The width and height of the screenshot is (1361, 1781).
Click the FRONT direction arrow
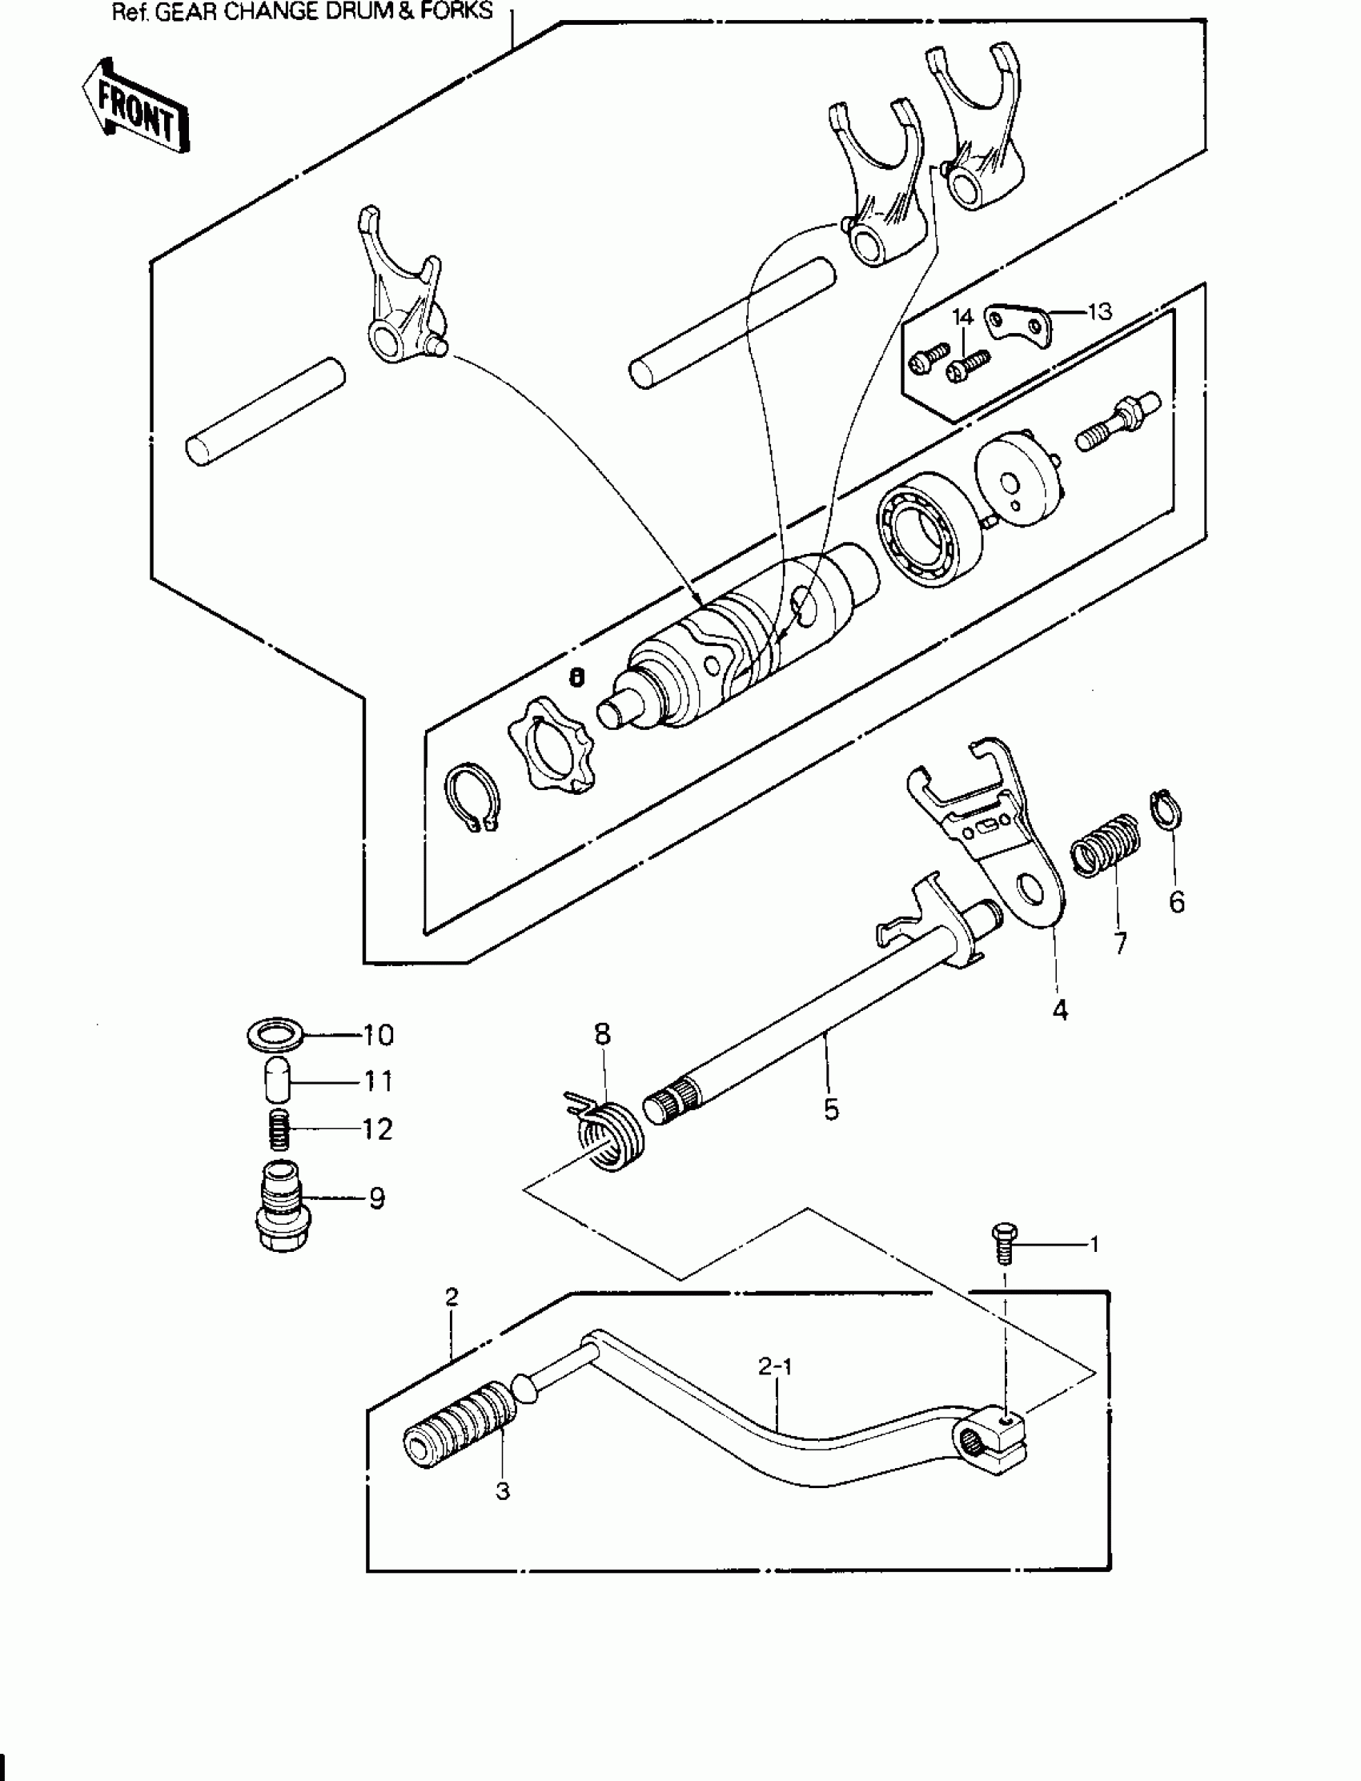click(x=134, y=106)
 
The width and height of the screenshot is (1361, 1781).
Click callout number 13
click(x=1098, y=312)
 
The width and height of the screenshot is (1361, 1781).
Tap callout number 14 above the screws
click(x=962, y=316)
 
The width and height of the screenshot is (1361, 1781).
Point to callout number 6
click(x=1176, y=901)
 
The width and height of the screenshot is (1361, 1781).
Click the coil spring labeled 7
click(x=1106, y=843)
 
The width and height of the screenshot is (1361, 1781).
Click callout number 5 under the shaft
click(x=831, y=1109)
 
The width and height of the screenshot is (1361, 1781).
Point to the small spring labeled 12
click(x=279, y=1128)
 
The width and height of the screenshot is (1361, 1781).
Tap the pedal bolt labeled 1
click(x=1004, y=1242)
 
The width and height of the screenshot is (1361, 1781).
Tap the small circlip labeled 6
click(x=1166, y=810)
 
